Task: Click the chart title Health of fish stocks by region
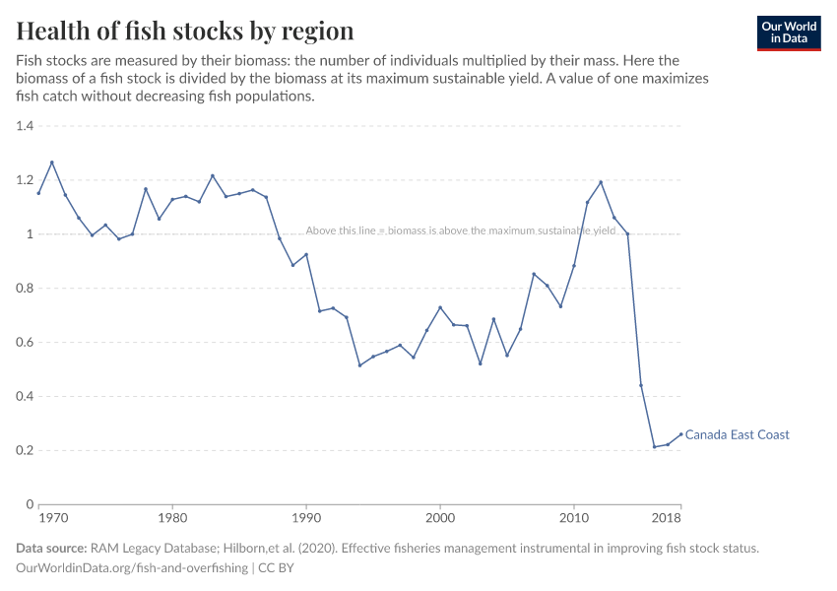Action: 184,31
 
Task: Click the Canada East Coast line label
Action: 737,434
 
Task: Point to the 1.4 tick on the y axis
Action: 25,126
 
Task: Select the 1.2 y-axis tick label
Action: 25,180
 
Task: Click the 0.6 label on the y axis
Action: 25,343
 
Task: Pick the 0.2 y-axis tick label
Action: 25,450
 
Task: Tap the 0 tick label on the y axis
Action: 30,504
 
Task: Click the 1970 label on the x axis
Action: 53,517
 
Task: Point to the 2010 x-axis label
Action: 574,517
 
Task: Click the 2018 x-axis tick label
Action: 667,517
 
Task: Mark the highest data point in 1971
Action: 52,163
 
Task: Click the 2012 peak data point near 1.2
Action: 601,182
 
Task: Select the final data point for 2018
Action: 680,434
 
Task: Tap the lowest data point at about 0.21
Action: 654,447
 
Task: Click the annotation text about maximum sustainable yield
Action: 460,230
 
